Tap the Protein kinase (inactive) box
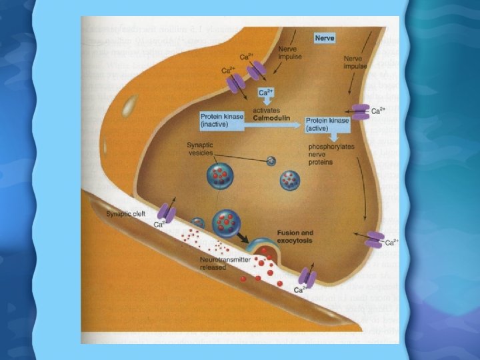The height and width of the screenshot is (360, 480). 225,121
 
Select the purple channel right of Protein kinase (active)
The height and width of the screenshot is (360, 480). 361,111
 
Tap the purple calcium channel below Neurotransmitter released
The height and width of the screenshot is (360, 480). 307,277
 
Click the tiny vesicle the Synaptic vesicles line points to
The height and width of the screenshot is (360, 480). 270,161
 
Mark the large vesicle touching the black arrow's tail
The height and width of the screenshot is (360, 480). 225,222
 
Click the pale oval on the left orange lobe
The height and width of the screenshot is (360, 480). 131,105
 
